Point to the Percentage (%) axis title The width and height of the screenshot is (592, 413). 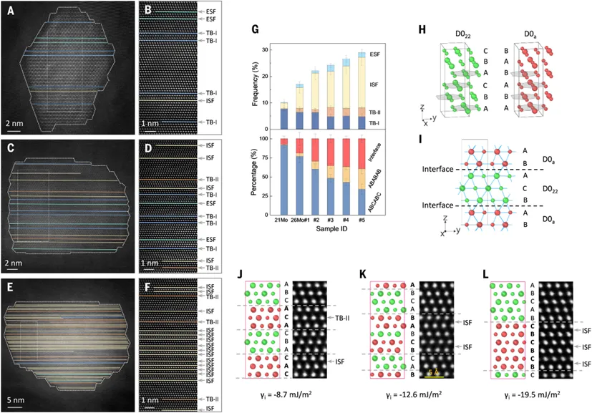[x=256, y=171]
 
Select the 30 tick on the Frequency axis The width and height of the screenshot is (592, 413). [x=268, y=49]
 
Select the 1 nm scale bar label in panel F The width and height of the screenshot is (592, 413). [x=150, y=401]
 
